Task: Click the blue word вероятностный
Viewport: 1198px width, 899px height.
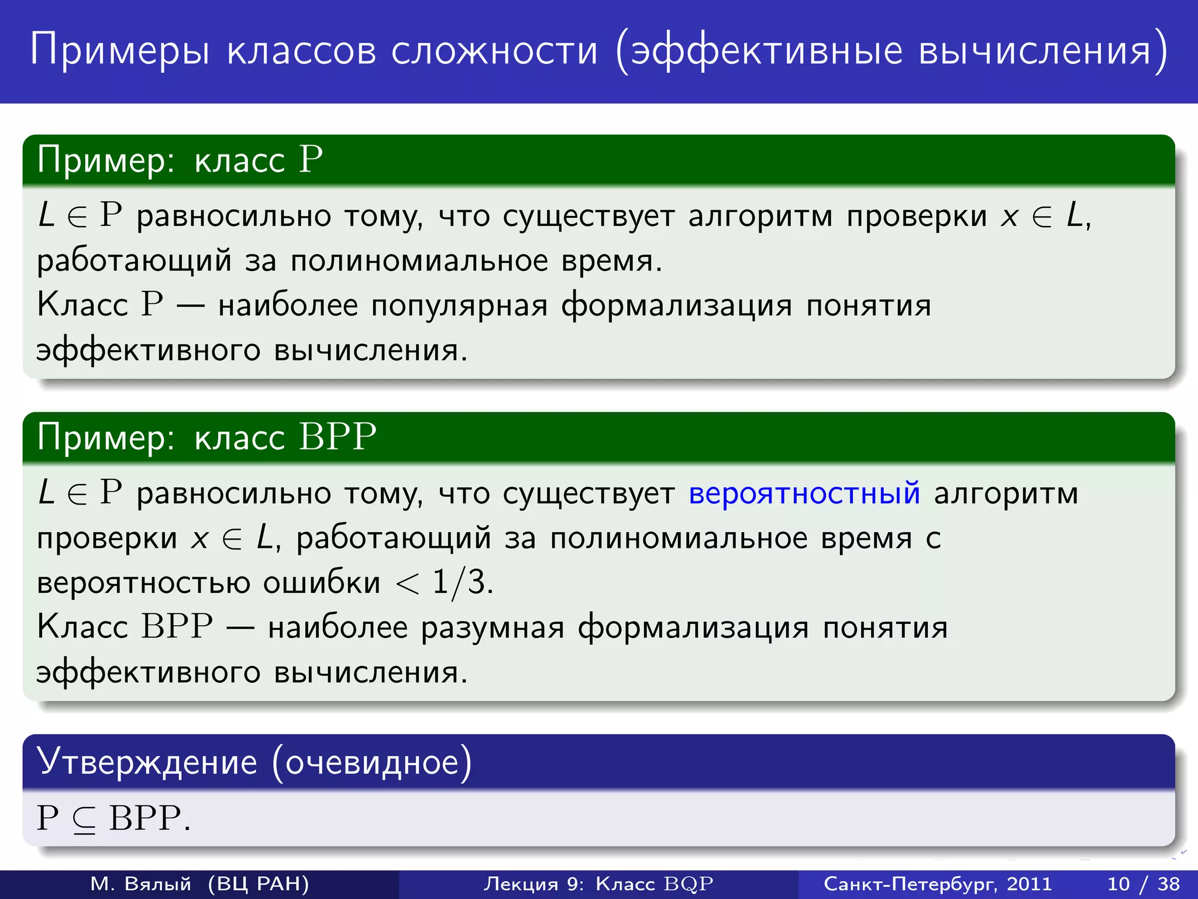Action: click(x=804, y=493)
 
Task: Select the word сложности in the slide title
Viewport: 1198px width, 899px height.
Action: click(x=495, y=50)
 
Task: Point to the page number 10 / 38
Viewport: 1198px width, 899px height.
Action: click(x=1144, y=883)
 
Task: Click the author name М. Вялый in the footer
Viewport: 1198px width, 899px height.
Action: click(x=141, y=883)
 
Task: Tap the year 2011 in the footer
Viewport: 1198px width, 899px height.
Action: click(x=1029, y=883)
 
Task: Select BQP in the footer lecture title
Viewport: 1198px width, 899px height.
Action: click(x=688, y=884)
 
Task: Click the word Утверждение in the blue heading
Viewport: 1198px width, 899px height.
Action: click(x=147, y=762)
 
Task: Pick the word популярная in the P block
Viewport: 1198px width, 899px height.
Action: click(x=460, y=306)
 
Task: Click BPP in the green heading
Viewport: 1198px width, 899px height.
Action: click(x=338, y=437)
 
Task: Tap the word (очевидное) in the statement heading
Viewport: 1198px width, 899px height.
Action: click(x=372, y=763)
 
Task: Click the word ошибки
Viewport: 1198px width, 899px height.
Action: click(x=322, y=583)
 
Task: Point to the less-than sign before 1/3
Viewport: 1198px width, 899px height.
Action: click(x=408, y=584)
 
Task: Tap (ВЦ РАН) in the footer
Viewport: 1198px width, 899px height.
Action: click(x=258, y=883)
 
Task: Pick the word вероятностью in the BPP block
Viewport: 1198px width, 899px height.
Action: click(x=143, y=583)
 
